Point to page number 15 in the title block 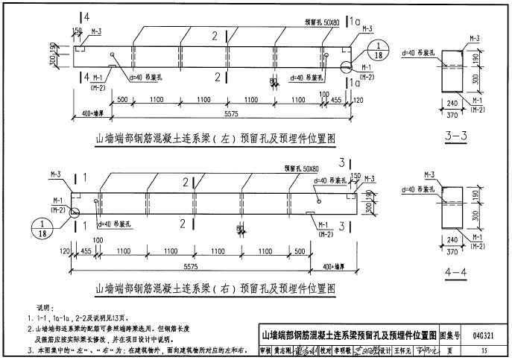pyautogui.click(x=485, y=350)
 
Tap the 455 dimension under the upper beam pyautogui.click(x=337, y=99)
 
